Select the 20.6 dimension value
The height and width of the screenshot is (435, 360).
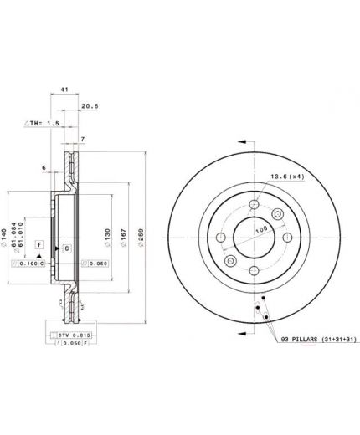point(90,105)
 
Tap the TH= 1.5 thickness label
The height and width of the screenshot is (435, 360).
point(39,123)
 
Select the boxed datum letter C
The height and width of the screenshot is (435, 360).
point(65,249)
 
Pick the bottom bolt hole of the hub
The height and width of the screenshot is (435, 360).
point(252,269)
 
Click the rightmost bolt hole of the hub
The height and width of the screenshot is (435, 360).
point(285,236)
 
